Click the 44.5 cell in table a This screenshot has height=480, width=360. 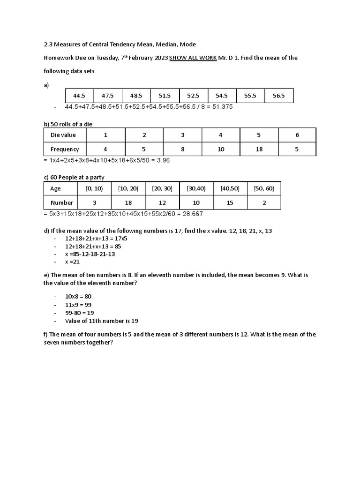pos(79,96)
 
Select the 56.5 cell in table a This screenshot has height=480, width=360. pos(278,96)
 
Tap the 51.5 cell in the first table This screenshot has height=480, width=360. pos(165,96)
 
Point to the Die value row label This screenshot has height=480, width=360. pos(63,135)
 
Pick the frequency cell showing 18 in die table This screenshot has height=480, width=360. pos(259,150)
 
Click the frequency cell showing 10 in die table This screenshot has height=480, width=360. pos(221,150)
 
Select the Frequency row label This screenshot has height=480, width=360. pos(65,150)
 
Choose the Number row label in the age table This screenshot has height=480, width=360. pos(62,203)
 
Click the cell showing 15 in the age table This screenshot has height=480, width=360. pos(230,203)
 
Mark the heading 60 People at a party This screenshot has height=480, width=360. pos(74,177)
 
